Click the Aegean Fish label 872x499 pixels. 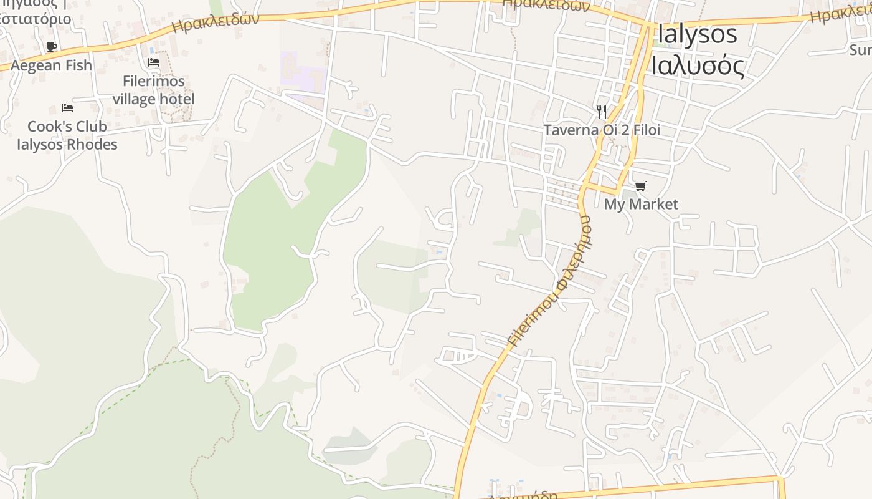coord(51,65)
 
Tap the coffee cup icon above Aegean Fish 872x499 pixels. coord(52,47)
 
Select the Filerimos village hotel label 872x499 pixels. coord(153,90)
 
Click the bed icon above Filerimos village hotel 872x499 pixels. coord(154,62)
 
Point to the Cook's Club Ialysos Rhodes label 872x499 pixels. coord(67,135)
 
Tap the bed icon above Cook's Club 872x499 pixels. coord(67,108)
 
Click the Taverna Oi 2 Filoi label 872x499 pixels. coord(602,130)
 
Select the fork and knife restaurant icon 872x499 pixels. coord(601,111)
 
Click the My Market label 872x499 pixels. coord(641,204)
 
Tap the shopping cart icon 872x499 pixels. coord(641,186)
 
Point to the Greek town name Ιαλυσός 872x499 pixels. coord(698,65)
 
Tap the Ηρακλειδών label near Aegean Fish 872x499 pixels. coord(215,24)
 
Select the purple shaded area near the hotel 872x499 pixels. coord(303,72)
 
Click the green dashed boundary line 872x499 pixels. coord(125,393)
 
